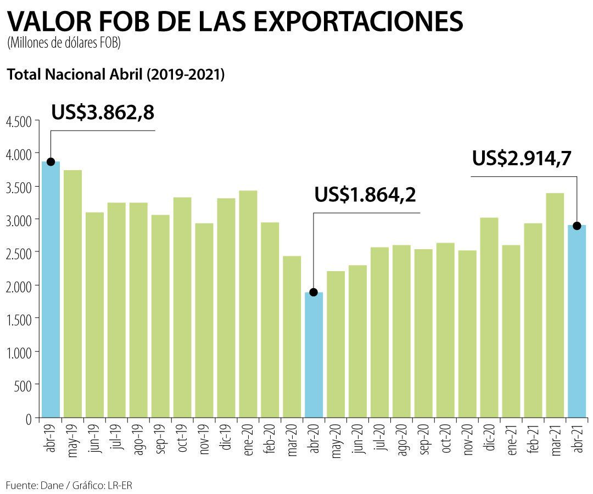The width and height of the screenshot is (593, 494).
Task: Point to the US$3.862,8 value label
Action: click(x=103, y=112)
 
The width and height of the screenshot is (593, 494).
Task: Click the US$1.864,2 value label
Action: click(x=365, y=194)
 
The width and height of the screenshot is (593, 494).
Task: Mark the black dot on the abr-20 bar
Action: click(x=314, y=292)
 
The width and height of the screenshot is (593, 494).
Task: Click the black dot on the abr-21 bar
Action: click(x=577, y=226)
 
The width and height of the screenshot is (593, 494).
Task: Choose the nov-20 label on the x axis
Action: click(x=467, y=439)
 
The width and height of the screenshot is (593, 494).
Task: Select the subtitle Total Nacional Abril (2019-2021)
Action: click(x=115, y=75)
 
